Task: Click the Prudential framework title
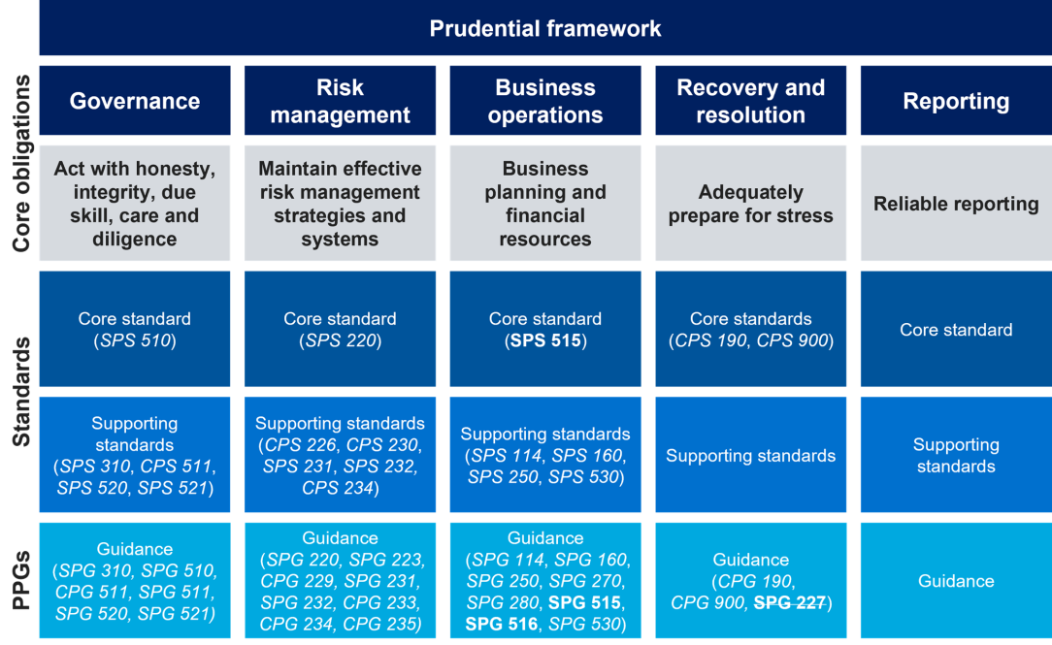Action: (545, 28)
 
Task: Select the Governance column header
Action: (135, 101)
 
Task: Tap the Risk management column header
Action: (340, 101)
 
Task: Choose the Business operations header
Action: (545, 101)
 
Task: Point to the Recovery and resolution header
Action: (750, 101)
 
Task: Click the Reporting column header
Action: (956, 101)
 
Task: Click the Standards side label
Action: (20, 392)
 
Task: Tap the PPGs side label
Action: (20, 580)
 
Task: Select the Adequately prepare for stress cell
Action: (750, 204)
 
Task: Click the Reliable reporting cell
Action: (956, 204)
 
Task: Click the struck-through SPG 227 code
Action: (788, 602)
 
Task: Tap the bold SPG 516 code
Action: (501, 624)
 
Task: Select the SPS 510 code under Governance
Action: (135, 340)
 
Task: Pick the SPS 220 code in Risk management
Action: (340, 340)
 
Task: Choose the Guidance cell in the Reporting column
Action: (956, 581)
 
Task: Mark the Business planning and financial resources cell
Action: (545, 204)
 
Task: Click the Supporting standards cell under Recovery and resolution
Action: (750, 456)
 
